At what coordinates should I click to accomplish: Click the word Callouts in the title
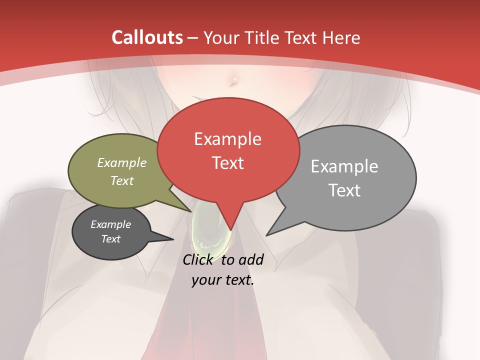click(147, 37)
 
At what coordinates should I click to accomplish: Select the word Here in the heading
click(341, 37)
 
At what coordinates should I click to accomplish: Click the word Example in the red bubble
click(227, 139)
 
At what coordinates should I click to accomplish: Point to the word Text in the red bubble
click(228, 163)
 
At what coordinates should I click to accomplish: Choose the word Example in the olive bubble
click(122, 162)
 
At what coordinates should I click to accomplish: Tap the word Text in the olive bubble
click(122, 180)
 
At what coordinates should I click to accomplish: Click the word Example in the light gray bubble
click(344, 166)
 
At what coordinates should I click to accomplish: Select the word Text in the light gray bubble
click(344, 190)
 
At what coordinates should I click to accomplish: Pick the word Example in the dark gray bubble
click(111, 224)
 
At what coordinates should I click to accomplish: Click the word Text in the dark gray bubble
click(111, 239)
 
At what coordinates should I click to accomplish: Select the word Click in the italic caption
click(197, 259)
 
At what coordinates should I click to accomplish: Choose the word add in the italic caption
click(251, 259)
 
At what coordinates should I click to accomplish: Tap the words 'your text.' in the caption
click(223, 280)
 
